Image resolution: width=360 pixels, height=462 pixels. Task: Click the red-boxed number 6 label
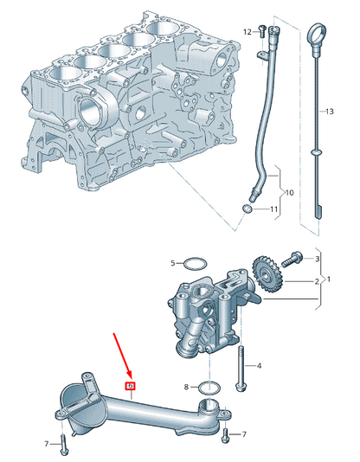(x=130, y=386)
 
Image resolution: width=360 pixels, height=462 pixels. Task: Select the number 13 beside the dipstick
(x=328, y=112)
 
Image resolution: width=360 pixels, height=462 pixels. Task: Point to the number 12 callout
(x=247, y=31)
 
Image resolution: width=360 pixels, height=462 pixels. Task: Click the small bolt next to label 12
(x=260, y=31)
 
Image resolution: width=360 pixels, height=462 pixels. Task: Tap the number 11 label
(x=274, y=209)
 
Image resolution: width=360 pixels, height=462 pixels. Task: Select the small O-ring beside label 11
(x=249, y=209)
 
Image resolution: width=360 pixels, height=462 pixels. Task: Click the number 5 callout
(x=173, y=262)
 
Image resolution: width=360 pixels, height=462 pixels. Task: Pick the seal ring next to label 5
(x=196, y=263)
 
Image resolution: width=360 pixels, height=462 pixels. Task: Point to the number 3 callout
(x=318, y=259)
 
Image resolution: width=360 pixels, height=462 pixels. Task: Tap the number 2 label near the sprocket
(x=318, y=281)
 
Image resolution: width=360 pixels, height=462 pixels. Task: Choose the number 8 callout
(x=186, y=386)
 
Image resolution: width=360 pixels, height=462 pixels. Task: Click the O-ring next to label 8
(x=209, y=386)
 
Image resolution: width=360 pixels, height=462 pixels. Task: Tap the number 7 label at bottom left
(x=47, y=444)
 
